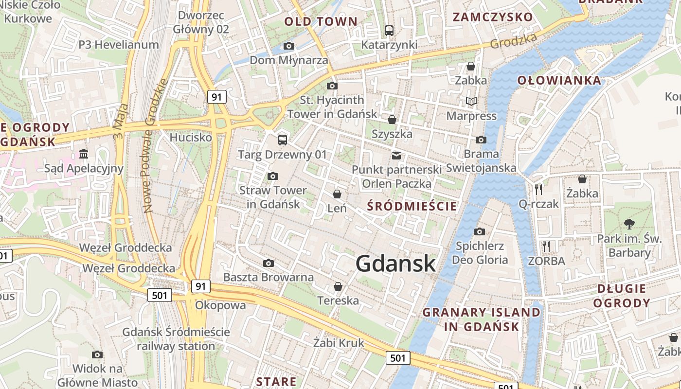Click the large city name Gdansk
[x=395, y=264]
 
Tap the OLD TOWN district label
[x=321, y=21]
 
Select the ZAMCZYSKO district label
[x=493, y=17]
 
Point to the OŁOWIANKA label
[x=559, y=80]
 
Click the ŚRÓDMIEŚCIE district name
[x=412, y=206]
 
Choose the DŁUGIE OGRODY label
[x=624, y=296]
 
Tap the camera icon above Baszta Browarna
[x=268, y=264]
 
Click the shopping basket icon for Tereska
[x=338, y=287]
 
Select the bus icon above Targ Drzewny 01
[x=283, y=140]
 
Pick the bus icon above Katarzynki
[x=389, y=31]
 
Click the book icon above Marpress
[x=471, y=102]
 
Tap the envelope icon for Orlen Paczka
[x=396, y=156]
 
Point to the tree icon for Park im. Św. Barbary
[x=629, y=224]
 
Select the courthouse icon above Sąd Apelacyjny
[x=84, y=154]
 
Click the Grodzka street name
[x=514, y=41]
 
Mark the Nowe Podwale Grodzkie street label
[x=155, y=146]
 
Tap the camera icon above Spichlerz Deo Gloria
[x=480, y=231]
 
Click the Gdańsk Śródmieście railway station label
[x=176, y=339]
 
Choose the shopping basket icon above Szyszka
[x=392, y=120]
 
